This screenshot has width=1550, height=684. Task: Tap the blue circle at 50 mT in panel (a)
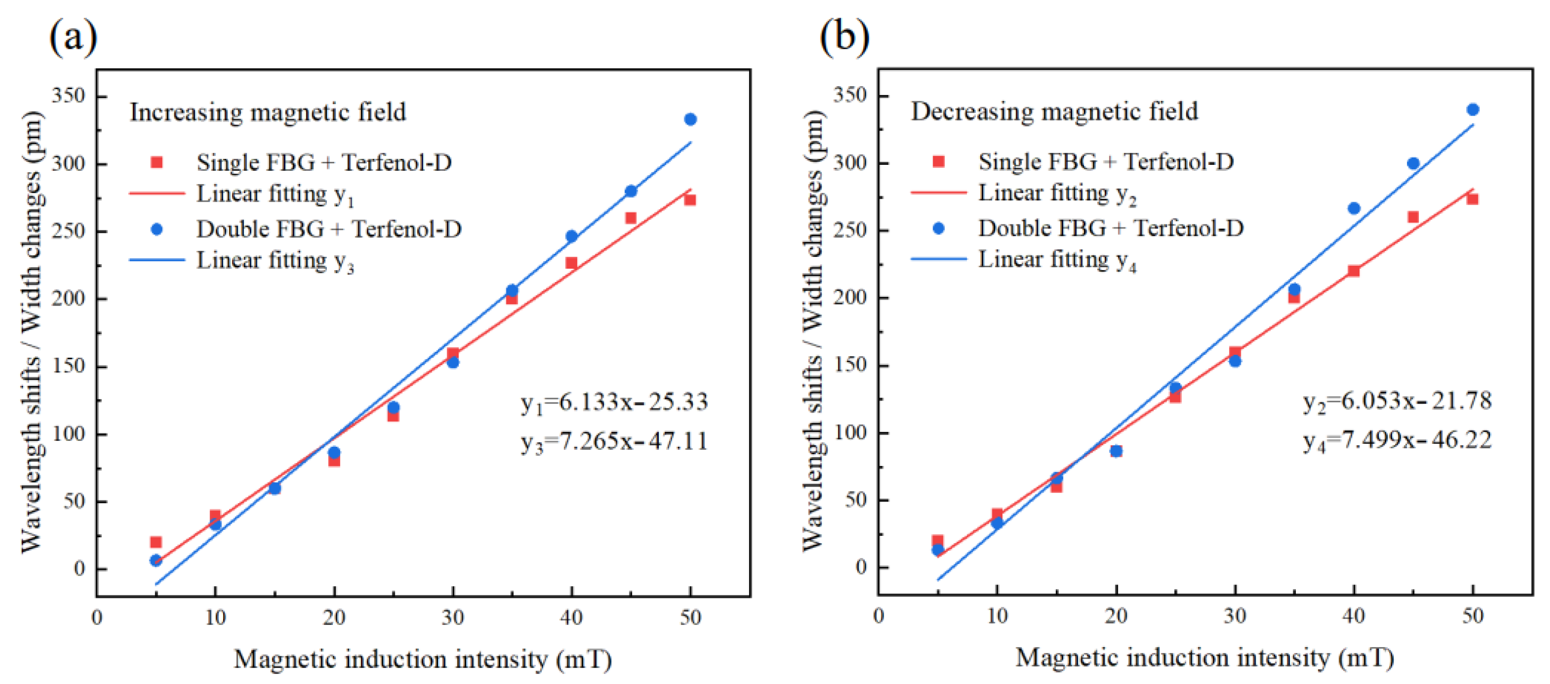point(690,119)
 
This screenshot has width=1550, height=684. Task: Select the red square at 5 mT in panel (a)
point(156,542)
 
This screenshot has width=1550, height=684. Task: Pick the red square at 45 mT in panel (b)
point(1413,217)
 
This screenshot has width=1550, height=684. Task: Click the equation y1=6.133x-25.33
point(614,402)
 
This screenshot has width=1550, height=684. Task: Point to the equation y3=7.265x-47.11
point(614,441)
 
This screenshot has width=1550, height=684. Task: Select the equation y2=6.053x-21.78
point(1397,401)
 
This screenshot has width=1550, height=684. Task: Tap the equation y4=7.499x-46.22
point(1397,440)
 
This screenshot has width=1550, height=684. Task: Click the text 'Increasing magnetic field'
point(268,113)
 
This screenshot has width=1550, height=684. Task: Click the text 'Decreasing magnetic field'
point(1054,111)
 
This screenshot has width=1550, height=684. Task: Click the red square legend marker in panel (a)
point(156,162)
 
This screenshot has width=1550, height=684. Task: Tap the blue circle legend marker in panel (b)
point(938,228)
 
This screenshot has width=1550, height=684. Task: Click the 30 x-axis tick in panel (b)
point(1235,616)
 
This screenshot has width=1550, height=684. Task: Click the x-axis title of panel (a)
point(422,659)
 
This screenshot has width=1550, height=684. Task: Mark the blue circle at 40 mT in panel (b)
point(1354,208)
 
